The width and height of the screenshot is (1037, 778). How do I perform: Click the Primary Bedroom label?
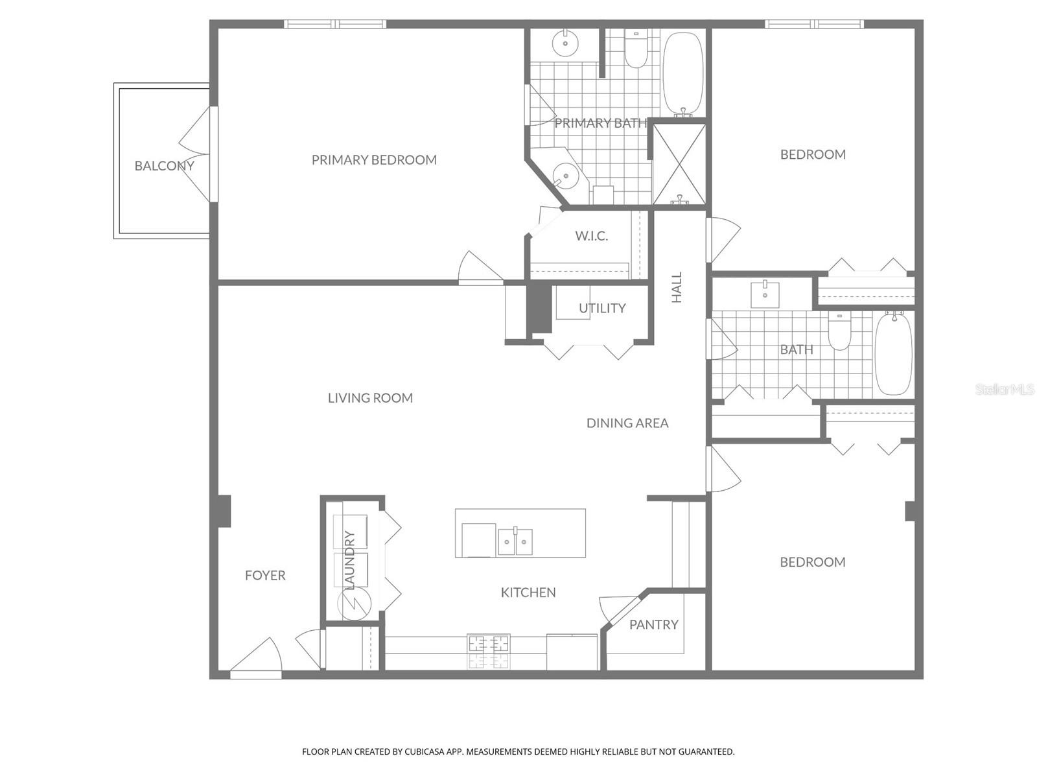tap(374, 159)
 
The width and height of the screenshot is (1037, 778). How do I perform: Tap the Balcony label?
tap(164, 166)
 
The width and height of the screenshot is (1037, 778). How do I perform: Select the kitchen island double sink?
tap(515, 541)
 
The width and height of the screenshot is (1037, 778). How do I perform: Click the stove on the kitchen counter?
tap(489, 652)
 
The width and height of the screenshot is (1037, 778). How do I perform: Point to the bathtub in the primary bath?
tap(682, 73)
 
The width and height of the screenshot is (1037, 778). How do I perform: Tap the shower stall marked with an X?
tap(679, 165)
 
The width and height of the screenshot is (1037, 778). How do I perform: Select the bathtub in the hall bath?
tap(894, 353)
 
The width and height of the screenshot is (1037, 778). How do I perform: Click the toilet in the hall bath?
tap(839, 331)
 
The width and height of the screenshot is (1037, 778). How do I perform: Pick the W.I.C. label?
tap(591, 236)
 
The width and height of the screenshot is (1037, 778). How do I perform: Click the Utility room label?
tap(602, 309)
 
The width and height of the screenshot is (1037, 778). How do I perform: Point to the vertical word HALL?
tap(677, 287)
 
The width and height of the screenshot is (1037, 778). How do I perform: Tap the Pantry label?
tap(653, 624)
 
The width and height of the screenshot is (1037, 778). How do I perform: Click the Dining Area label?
tap(627, 423)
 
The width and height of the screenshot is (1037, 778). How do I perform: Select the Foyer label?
tap(265, 575)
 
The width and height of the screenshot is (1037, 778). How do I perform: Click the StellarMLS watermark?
tap(1004, 390)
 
